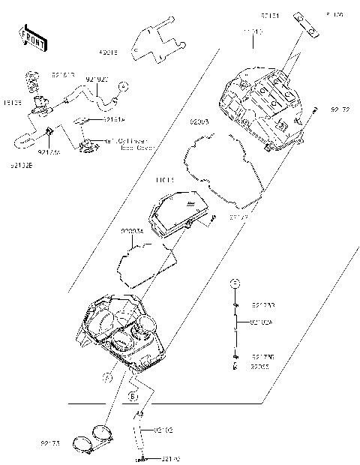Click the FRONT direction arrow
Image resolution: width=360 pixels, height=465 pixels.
coord(30,37)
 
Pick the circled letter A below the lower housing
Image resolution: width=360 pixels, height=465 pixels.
coord(108,378)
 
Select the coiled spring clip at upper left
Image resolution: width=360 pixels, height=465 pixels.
coord(31,79)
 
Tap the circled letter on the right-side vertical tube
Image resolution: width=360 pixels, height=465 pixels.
coord(235,283)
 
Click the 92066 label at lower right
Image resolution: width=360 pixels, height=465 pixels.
coord(259,367)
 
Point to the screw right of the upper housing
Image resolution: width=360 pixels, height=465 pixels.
coord(314,111)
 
